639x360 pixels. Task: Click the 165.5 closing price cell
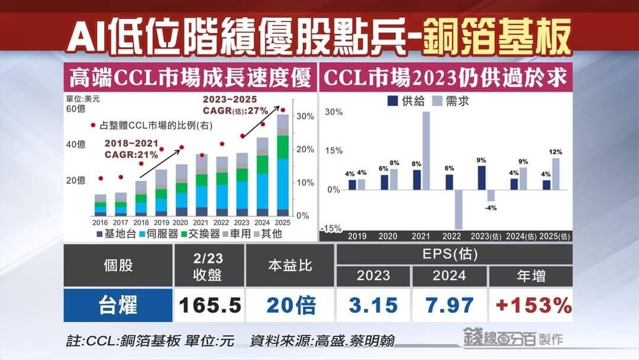tap(210, 306)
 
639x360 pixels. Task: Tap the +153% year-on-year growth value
tap(531, 306)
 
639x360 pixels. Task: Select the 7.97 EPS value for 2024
tap(449, 306)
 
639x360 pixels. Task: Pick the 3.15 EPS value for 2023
tap(373, 306)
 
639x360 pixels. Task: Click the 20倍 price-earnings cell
tap(291, 306)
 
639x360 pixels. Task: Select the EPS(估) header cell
tap(454, 255)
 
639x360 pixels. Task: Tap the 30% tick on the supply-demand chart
tap(333, 112)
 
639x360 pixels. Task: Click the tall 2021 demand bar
tap(425, 150)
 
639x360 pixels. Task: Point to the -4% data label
tap(490, 208)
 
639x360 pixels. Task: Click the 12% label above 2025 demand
tap(555, 152)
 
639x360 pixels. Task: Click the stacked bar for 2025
tap(283, 166)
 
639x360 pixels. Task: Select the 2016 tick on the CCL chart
tap(100, 222)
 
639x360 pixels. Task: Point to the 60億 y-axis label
tap(75, 109)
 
